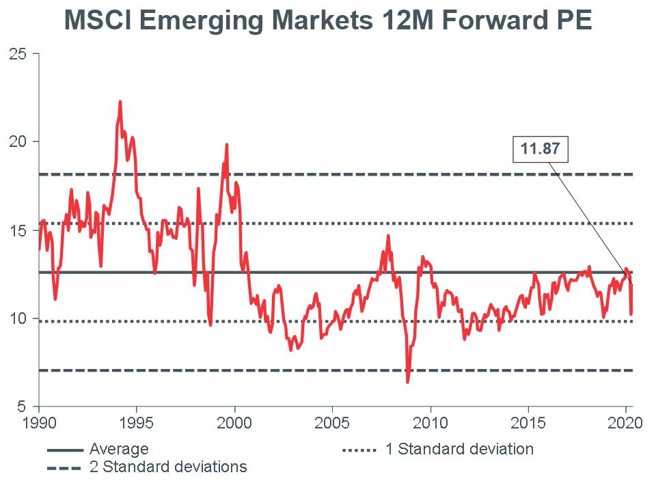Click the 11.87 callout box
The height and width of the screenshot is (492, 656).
(541, 150)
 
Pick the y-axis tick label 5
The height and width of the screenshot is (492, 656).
(22, 407)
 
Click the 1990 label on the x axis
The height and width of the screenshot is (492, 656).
(39, 422)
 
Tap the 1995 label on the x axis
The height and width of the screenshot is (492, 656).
(137, 422)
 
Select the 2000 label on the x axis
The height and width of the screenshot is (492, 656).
(234, 422)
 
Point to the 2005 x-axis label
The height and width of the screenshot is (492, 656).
(332, 422)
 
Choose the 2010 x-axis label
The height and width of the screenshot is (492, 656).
(430, 422)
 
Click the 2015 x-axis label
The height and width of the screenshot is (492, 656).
(528, 422)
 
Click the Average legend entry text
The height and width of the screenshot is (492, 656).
(119, 450)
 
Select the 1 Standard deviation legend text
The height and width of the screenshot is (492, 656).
(459, 450)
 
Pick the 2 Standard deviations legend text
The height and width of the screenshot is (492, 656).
(168, 467)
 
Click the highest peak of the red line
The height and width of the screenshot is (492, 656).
(120, 102)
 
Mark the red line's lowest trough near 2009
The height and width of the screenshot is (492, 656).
(408, 382)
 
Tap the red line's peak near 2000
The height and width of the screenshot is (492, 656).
(226, 145)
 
